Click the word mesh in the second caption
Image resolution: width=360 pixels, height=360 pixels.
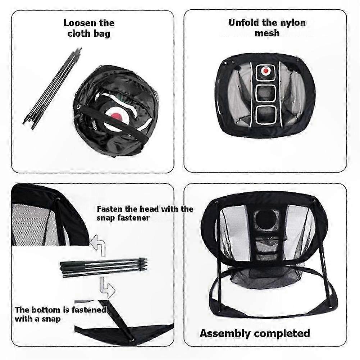tap(267, 33)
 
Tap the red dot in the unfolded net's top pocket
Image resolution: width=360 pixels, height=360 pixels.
tap(266, 71)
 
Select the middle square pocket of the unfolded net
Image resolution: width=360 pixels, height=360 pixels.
tap(266, 94)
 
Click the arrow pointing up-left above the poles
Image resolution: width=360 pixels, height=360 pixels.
tap(99, 245)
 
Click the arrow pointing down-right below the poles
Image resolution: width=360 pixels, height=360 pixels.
tap(107, 288)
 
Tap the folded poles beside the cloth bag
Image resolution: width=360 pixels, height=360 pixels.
tap(53, 88)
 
